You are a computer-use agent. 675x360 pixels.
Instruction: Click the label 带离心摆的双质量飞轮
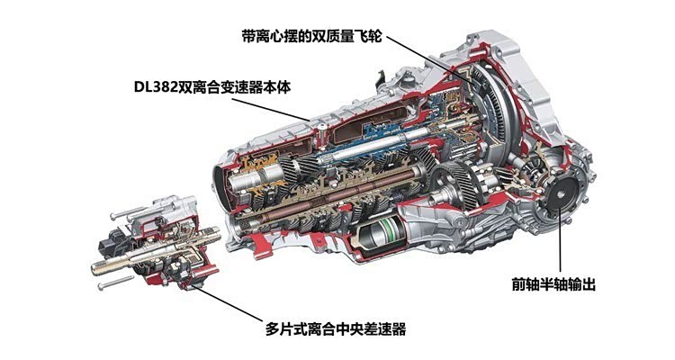[311, 37]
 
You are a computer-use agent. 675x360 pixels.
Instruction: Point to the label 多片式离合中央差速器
[336, 329]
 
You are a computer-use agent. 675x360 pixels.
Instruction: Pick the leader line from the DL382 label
[270, 109]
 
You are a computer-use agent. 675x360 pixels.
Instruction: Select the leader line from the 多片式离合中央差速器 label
[229, 302]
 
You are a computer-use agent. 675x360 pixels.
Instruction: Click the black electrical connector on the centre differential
[109, 244]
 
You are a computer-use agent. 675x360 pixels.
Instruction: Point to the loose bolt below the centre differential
[115, 283]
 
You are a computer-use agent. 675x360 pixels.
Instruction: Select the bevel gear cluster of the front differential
[530, 171]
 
